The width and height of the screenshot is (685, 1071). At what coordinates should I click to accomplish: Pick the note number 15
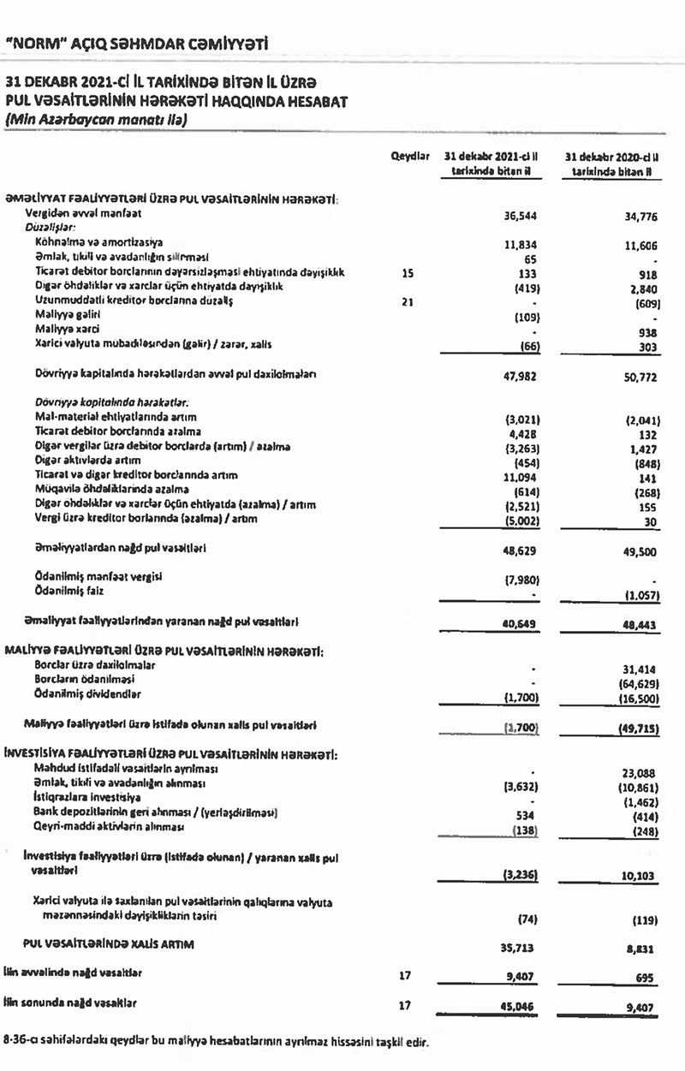(x=407, y=273)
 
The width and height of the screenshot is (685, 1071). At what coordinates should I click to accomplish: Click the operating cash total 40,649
(x=520, y=623)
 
